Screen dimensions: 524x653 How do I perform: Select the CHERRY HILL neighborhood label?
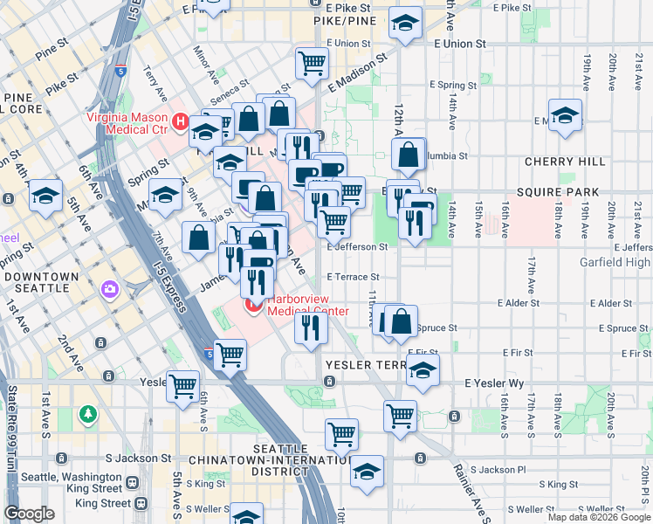click(x=565, y=162)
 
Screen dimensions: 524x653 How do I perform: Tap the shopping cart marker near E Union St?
click(x=311, y=63)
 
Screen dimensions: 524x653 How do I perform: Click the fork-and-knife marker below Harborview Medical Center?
click(x=310, y=328)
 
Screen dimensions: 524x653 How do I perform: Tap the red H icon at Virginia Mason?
click(x=181, y=121)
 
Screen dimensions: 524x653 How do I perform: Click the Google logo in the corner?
click(x=30, y=514)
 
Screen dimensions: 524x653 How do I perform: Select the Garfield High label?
click(x=615, y=262)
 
